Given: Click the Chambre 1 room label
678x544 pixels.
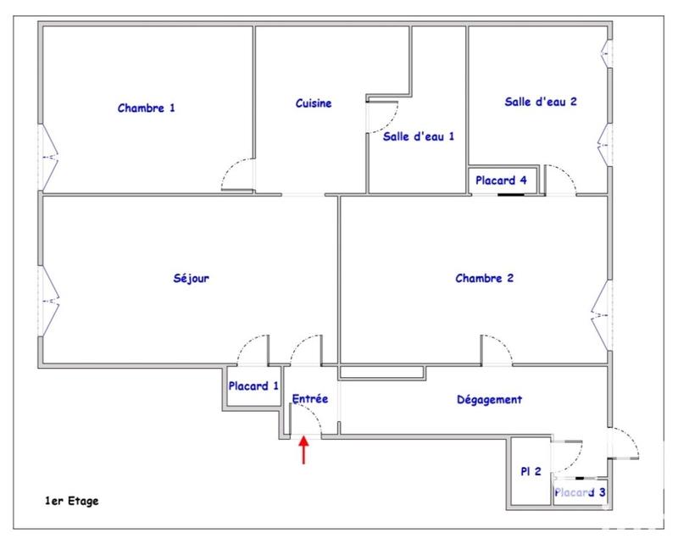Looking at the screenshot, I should coord(147,108).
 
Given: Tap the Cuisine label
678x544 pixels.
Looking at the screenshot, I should coord(314,103).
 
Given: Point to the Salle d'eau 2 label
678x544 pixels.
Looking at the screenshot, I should coord(541,102).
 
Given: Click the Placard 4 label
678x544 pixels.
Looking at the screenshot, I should coord(501,180).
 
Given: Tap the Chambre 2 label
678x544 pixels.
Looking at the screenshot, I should coord(484,277).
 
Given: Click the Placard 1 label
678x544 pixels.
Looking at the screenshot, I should coord(253,386).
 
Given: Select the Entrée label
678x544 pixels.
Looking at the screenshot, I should coord(309,398).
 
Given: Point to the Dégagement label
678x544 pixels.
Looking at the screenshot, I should coord(489,400).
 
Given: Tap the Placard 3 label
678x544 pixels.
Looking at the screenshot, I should coord(580,491).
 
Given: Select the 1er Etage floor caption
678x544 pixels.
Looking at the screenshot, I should coord(73,501).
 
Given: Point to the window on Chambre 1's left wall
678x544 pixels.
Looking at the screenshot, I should coord(48,158).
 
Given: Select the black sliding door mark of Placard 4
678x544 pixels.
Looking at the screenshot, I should coord(510,195).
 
